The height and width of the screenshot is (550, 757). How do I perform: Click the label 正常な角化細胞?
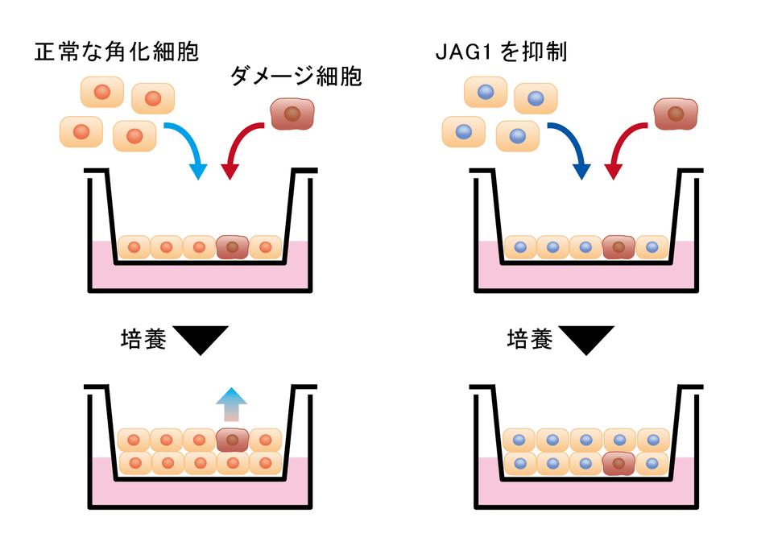pyautogui.click(x=117, y=52)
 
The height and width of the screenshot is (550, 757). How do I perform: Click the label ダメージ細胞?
pyautogui.click(x=296, y=77)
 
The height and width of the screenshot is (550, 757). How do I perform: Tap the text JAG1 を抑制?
pyautogui.click(x=499, y=52)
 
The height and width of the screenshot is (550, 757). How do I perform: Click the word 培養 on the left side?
pyautogui.click(x=143, y=339)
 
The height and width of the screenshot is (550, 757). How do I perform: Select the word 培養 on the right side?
pyautogui.click(x=530, y=339)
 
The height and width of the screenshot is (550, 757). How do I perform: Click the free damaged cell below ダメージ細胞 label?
pyautogui.click(x=294, y=114)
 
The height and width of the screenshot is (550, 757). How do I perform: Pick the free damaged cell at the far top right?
pyautogui.click(x=676, y=114)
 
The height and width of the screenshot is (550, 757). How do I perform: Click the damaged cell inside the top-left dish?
pyautogui.click(x=233, y=247)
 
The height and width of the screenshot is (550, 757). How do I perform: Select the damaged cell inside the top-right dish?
pyautogui.click(x=618, y=247)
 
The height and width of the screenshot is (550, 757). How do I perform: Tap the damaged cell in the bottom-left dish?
pyautogui.click(x=233, y=440)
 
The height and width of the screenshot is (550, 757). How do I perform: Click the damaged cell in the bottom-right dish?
pyautogui.click(x=618, y=463)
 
